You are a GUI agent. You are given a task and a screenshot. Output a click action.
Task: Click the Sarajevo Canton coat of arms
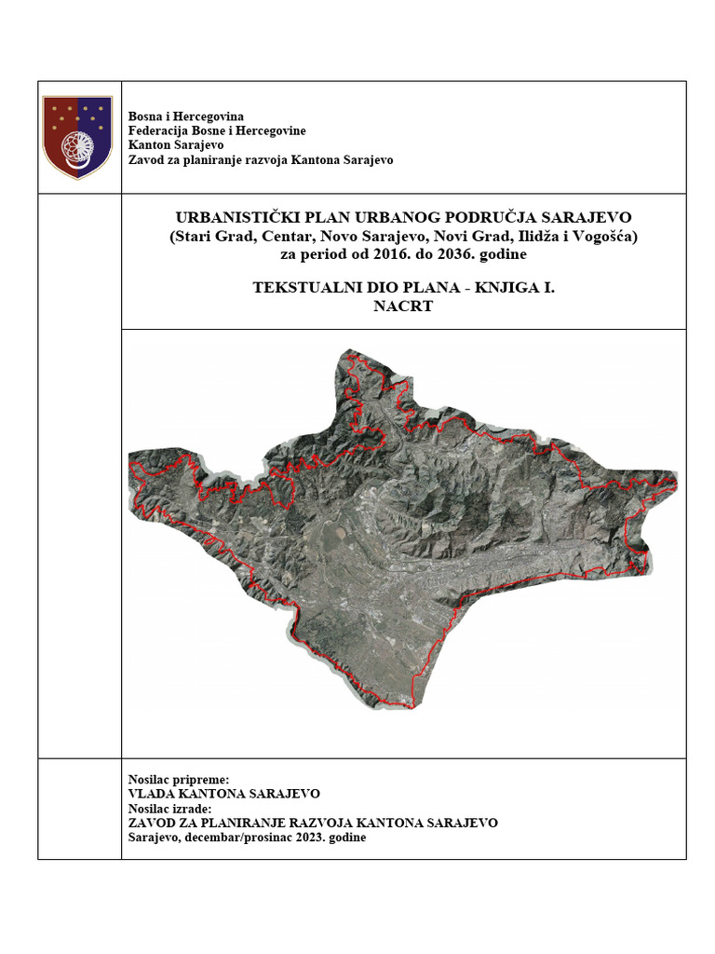(78, 137)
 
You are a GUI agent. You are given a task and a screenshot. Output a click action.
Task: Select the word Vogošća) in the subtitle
(607, 236)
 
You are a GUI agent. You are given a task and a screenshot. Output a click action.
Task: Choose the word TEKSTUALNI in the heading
(296, 288)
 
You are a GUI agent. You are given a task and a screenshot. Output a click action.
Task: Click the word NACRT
(403, 306)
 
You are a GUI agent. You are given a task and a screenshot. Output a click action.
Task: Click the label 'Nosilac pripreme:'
(178, 779)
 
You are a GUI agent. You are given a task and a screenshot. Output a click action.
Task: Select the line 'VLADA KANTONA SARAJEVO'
(223, 794)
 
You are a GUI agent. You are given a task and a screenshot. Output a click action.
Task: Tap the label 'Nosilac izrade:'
(169, 809)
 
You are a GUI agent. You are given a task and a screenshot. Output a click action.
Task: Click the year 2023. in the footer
(302, 838)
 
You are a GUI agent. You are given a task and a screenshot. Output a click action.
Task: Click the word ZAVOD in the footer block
(149, 823)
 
